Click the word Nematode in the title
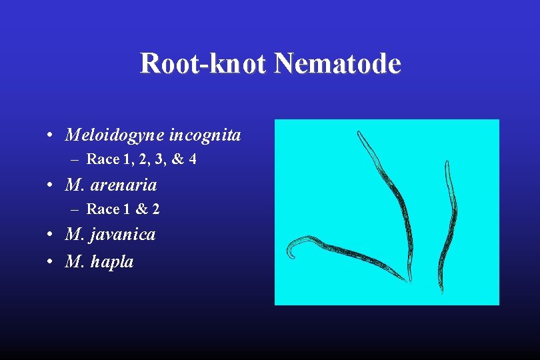coord(337,64)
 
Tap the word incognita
coord(205,136)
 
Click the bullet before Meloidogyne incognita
coord(51,136)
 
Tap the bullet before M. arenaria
coord(51,184)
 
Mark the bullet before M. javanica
coord(51,235)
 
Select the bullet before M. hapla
coord(51,262)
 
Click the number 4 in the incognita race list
coord(192,160)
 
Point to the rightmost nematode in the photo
coord(445,227)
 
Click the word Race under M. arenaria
coord(103,209)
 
